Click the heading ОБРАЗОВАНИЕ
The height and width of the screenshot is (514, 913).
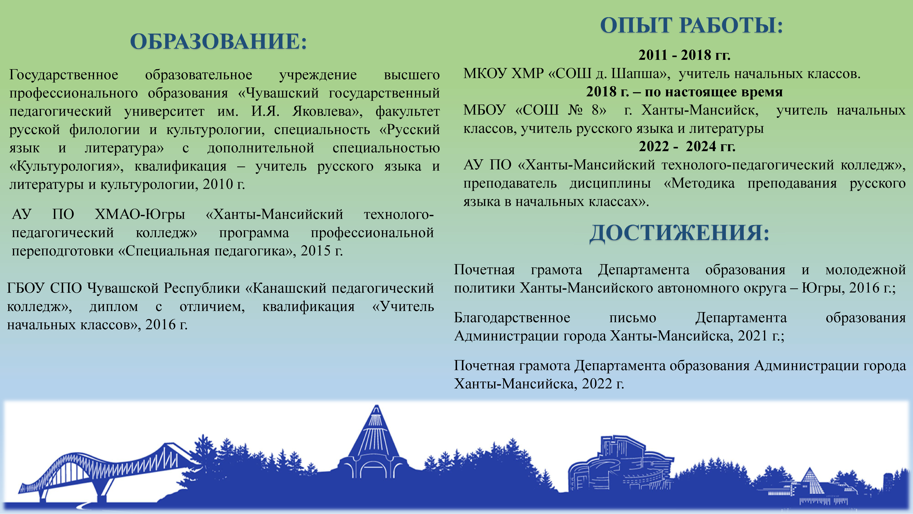[218, 41]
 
